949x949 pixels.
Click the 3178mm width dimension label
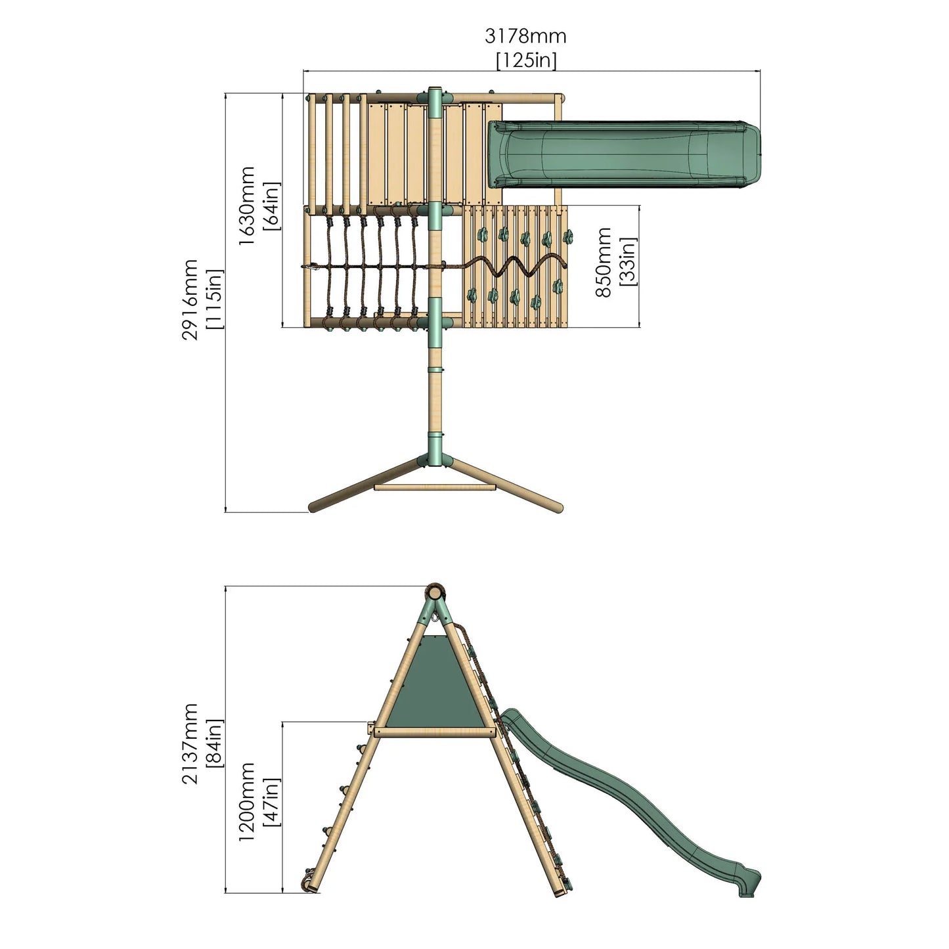pos(525,35)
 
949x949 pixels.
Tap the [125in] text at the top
pos(526,60)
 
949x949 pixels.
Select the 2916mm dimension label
pos(190,299)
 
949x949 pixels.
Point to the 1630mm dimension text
pos(247,206)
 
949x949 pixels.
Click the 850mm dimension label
pos(604,262)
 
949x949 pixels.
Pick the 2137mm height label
pos(190,743)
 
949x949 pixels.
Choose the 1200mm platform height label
pos(246,801)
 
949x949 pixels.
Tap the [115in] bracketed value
pos(214,299)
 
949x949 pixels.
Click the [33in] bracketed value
pos(628,262)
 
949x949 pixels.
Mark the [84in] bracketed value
pos(214,743)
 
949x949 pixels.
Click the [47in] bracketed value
pos(271,802)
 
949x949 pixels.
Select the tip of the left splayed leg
pos(314,507)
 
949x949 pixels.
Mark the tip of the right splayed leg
pos(558,507)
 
